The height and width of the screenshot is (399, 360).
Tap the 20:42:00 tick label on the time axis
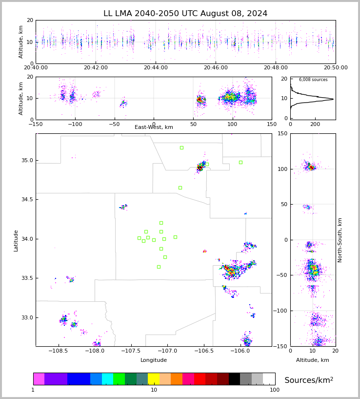point(96,68)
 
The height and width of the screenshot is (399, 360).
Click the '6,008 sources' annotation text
point(313,80)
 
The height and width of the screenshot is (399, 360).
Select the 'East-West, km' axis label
point(154,127)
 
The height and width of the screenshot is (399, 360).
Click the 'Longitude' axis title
point(154,360)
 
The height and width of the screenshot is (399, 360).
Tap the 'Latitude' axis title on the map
point(16,240)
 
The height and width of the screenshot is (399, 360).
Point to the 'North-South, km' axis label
point(340,240)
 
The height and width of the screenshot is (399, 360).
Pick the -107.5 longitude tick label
point(130,351)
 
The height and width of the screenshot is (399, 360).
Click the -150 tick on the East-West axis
point(36,124)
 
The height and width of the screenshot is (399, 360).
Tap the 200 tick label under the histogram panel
point(315,124)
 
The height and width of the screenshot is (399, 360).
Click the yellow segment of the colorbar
point(154,379)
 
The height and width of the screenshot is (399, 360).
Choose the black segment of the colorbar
point(234,379)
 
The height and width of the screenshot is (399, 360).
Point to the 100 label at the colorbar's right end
point(275,390)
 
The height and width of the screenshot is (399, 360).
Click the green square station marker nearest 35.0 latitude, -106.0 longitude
point(240,162)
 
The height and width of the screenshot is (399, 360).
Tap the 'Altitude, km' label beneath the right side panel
point(313,360)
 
